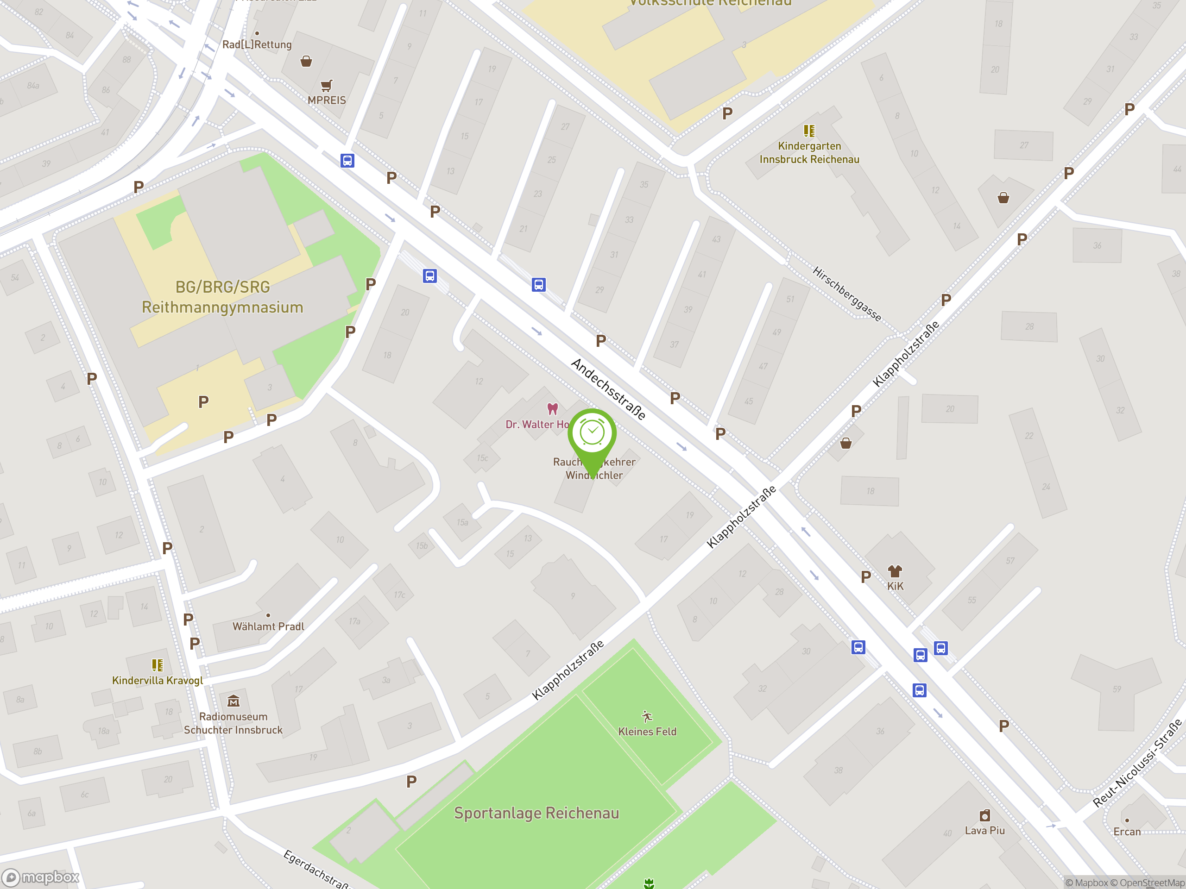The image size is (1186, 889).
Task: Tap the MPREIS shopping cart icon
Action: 326,86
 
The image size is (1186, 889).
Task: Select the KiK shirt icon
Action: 895,571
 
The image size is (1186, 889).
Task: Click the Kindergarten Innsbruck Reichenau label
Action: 809,153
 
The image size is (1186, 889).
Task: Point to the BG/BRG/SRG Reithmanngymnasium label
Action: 222,297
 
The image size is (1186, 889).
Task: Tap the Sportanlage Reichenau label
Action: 536,813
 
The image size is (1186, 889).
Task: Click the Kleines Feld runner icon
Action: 647,717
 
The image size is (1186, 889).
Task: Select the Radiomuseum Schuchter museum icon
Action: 233,701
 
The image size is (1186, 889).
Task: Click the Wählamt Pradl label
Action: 268,626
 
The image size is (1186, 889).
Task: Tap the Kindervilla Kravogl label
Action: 157,681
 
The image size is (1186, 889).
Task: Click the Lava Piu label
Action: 984,831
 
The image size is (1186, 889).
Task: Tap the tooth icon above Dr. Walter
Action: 552,409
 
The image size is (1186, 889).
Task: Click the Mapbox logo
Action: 41,877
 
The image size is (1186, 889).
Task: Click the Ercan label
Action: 1127,832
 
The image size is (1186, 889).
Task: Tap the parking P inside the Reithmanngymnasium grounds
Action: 203,402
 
